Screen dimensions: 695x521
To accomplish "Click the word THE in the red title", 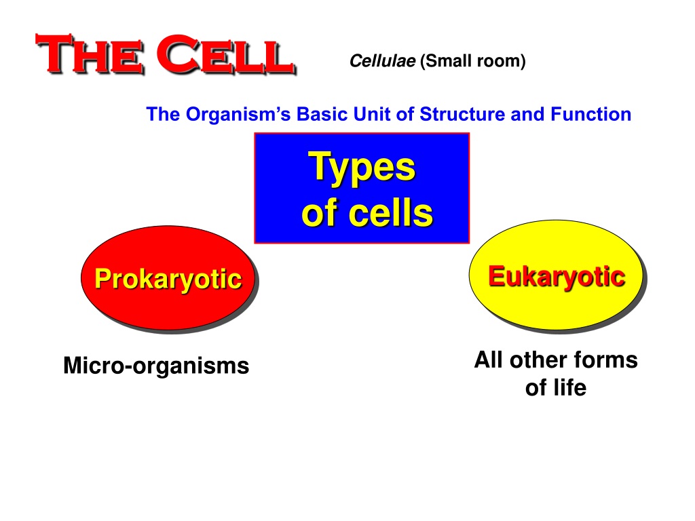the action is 90,54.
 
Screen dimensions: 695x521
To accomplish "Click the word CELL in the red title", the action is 226,54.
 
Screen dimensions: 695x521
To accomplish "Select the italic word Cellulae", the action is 383,60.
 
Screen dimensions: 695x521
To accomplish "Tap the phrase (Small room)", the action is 473,60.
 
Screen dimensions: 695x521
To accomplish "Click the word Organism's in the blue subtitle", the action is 238,114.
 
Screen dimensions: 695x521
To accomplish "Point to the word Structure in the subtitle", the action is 462,114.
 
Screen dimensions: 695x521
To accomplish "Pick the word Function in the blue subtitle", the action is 591,114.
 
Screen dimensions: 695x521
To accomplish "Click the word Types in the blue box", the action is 362,168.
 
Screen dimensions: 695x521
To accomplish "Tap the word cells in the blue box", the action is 390,213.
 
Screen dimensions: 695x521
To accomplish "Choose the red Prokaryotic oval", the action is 168,278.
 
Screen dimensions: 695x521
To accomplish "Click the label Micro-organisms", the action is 156,366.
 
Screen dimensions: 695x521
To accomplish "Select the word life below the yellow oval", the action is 571,387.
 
